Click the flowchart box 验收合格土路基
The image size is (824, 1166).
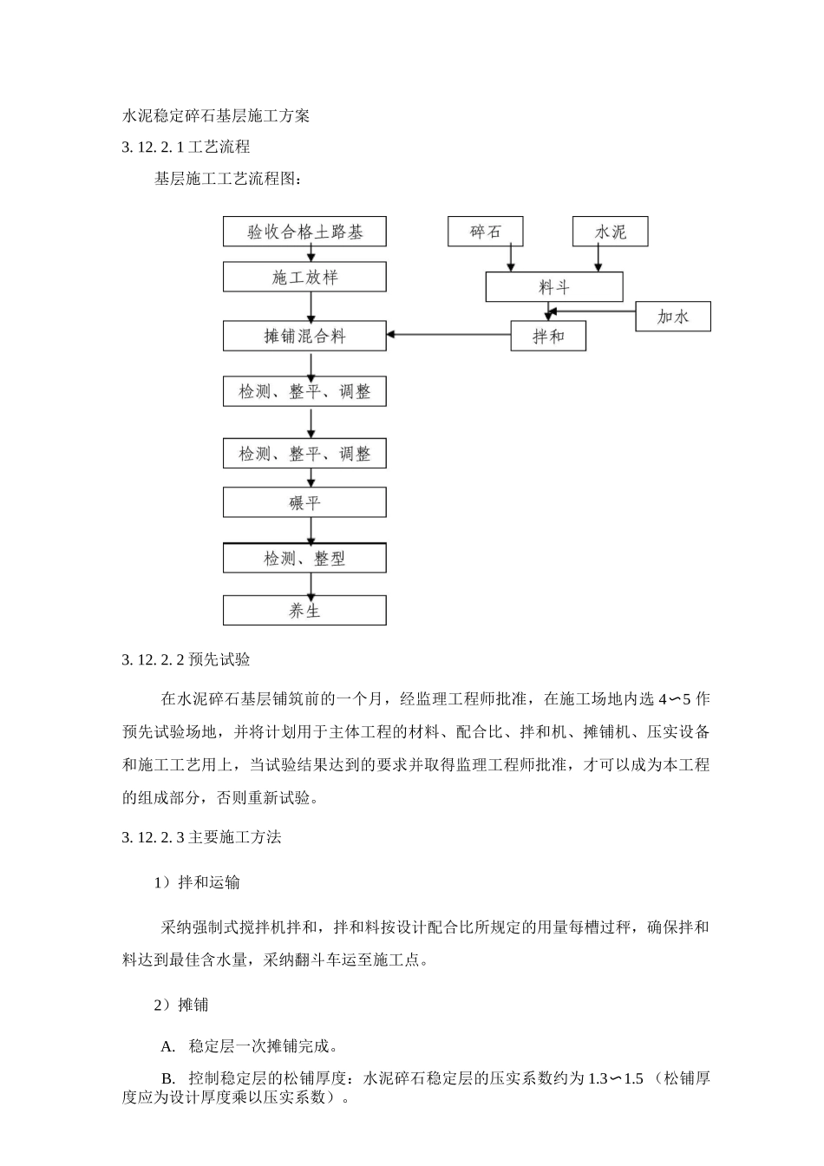pos(304,232)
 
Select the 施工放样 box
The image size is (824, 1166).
pos(304,278)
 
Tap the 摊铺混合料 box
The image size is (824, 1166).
pos(304,336)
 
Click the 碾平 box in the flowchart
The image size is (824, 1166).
pos(304,502)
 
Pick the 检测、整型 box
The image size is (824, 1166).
pos(304,559)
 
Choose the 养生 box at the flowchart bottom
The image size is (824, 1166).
pos(304,611)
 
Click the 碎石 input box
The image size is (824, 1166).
pos(486,232)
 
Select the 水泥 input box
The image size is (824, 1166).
pos(610,232)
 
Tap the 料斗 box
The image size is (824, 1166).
pos(553,287)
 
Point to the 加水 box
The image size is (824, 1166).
pos(672,317)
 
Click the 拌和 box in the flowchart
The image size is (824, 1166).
pos(548,336)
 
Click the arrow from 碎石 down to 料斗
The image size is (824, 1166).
pos(511,259)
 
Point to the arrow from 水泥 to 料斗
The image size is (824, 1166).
pos(597,259)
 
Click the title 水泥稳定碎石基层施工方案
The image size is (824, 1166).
pos(216,115)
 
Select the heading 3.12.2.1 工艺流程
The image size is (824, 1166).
pos(186,147)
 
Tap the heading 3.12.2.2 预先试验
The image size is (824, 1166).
pos(186,659)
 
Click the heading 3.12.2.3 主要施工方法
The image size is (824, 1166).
pos(202,837)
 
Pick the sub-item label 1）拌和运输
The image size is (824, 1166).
pos(197,882)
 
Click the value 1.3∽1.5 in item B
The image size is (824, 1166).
pos(615,1078)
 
